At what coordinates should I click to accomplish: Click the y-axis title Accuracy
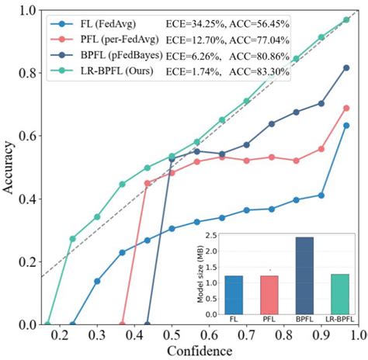[9, 168]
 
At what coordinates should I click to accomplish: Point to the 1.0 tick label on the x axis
[357, 334]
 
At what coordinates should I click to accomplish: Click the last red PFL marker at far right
[346, 109]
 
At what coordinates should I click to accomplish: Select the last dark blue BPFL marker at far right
[346, 67]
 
